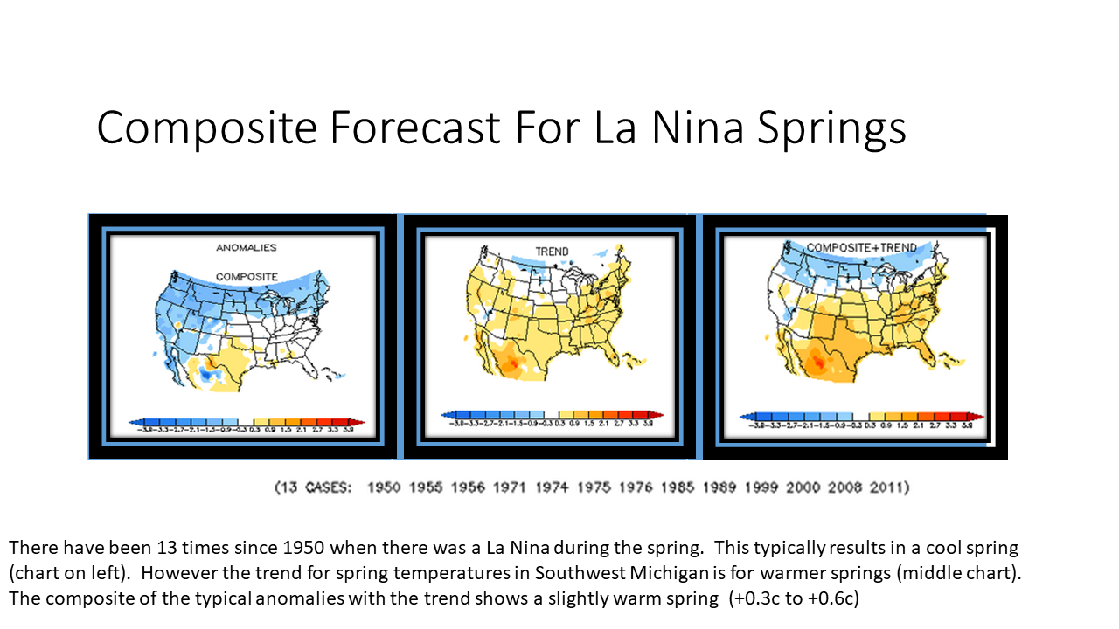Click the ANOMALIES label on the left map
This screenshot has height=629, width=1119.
click(x=247, y=248)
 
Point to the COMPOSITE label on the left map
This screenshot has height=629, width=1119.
click(x=247, y=277)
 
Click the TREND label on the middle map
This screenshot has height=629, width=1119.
click(x=552, y=252)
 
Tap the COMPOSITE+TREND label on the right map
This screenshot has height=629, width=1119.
click(x=861, y=248)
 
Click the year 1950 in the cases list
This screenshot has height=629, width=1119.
click(x=385, y=487)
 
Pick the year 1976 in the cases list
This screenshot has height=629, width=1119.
click(x=636, y=487)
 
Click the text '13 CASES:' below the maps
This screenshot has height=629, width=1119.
click(x=314, y=487)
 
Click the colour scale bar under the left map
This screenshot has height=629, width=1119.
click(x=246, y=422)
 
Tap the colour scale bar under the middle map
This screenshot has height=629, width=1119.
click(x=553, y=415)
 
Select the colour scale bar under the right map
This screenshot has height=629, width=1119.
click(x=861, y=418)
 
